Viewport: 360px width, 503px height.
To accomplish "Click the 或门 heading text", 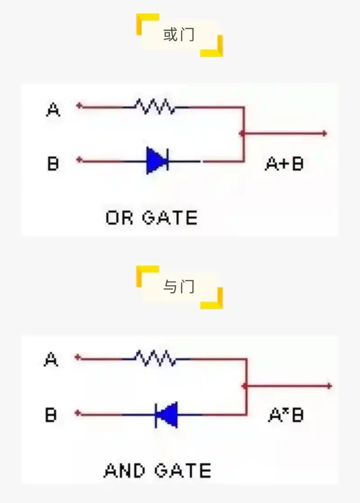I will coord(179,36).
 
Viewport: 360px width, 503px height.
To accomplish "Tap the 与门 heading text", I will coord(179,287).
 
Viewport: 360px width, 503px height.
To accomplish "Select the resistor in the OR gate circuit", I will coord(155,107).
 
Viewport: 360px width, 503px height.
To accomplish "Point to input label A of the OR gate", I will coord(54,109).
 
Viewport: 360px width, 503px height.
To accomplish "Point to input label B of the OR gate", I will coord(53,163).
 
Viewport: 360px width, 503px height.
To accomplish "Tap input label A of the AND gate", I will coord(51,359).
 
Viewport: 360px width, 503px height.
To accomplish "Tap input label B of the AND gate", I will coord(51,414).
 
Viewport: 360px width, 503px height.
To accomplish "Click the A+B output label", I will coord(284,164).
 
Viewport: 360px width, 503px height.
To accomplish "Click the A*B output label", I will coord(286,415).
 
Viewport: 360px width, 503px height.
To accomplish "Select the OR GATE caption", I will coord(152,218).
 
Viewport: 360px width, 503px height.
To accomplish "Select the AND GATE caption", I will coord(157,471).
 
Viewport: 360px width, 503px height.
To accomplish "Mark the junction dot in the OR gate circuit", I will coord(243,133).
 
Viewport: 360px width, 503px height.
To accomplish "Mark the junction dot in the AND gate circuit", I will coord(245,386).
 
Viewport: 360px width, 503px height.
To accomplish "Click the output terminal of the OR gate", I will coord(324,133).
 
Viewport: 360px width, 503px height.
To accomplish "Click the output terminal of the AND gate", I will coord(329,386).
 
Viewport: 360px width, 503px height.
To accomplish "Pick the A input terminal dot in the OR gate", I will coord(79,106).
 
